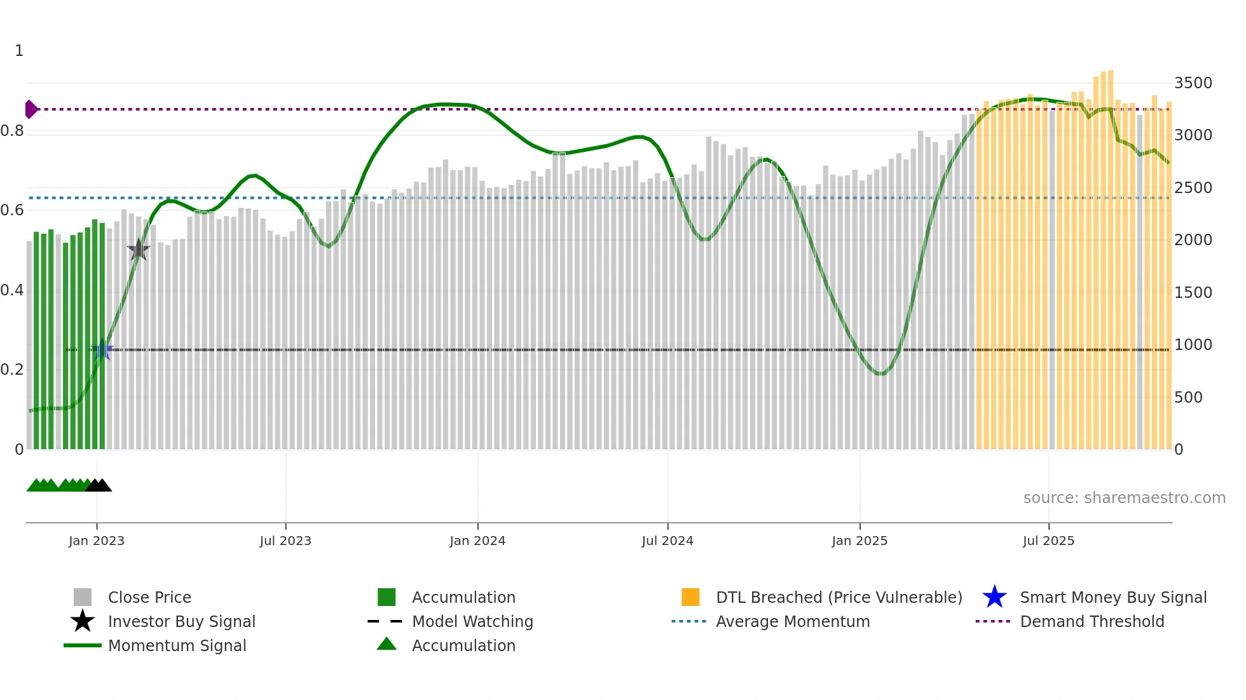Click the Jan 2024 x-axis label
pos(477,541)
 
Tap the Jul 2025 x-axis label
pos(1048,541)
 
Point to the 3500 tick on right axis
pos(1193,83)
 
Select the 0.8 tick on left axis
pos(13,131)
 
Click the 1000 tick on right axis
pos(1193,345)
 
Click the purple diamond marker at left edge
pos(31,109)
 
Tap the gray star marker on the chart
pos(139,250)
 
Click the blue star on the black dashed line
pos(102,349)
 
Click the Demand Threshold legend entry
pos(1092,621)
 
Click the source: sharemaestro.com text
pos(1124,497)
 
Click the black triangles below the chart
pos(99,485)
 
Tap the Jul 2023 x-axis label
pos(285,541)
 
